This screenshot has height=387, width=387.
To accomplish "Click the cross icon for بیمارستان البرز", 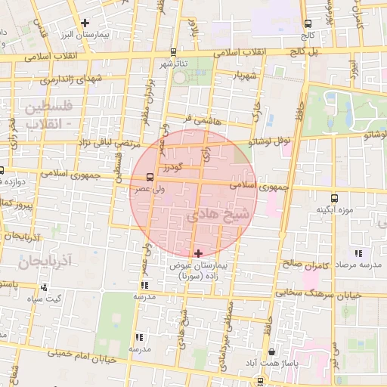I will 85,23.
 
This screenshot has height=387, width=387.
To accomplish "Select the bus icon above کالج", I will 307,24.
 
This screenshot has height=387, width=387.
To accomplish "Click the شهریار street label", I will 246,76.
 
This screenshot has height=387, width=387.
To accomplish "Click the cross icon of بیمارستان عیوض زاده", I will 198,252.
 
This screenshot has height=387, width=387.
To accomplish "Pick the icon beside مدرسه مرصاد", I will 358,254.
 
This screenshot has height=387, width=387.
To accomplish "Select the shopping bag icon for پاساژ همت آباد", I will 271,351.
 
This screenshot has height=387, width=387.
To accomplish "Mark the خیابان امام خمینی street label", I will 82,355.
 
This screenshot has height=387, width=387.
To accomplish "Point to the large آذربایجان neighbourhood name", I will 45,263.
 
